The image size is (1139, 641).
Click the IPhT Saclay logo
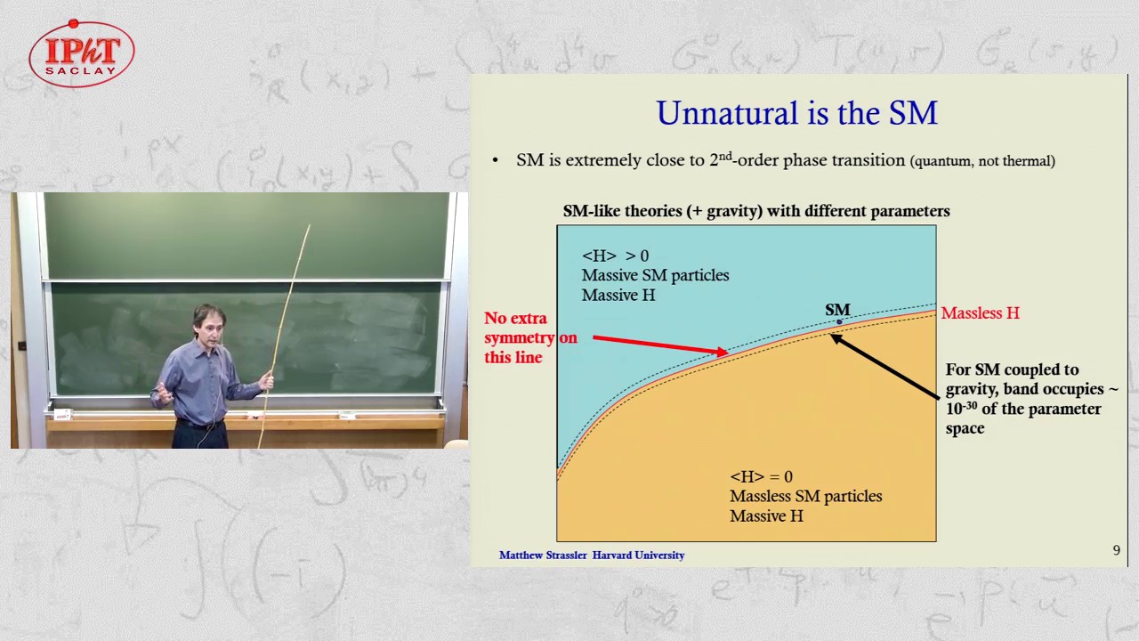tap(81, 54)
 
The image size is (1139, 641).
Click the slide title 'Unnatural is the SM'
tap(796, 114)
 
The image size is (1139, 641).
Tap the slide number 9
tap(1116, 550)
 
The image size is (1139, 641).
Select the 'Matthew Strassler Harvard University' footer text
tap(591, 555)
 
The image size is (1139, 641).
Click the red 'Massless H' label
tap(980, 313)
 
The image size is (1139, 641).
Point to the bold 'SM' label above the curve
tap(837, 309)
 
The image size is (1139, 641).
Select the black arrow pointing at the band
tap(885, 366)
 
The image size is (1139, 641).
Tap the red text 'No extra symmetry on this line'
tap(529, 337)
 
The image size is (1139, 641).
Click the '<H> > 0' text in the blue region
tap(615, 256)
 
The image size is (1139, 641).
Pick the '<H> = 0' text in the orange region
tap(761, 477)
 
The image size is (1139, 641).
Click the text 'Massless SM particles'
tap(805, 497)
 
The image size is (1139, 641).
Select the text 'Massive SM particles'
tap(655, 275)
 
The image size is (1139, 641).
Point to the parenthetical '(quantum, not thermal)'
tap(981, 161)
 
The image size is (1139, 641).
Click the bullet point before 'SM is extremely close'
tap(496, 161)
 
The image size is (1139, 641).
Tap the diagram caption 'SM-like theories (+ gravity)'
tap(755, 211)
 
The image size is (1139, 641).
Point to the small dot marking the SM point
tap(838, 321)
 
